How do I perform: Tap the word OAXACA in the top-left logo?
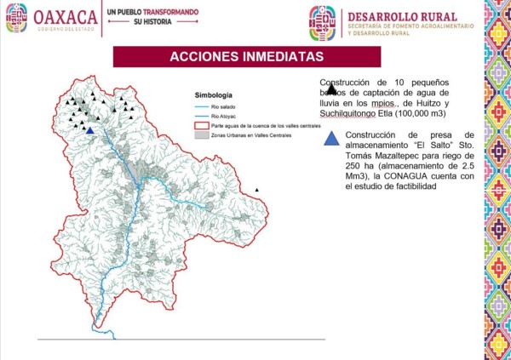tap(61, 16)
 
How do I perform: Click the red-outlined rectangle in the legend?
tap(203, 125)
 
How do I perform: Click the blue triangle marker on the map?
tap(89, 130)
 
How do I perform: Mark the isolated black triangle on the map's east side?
tap(258, 189)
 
